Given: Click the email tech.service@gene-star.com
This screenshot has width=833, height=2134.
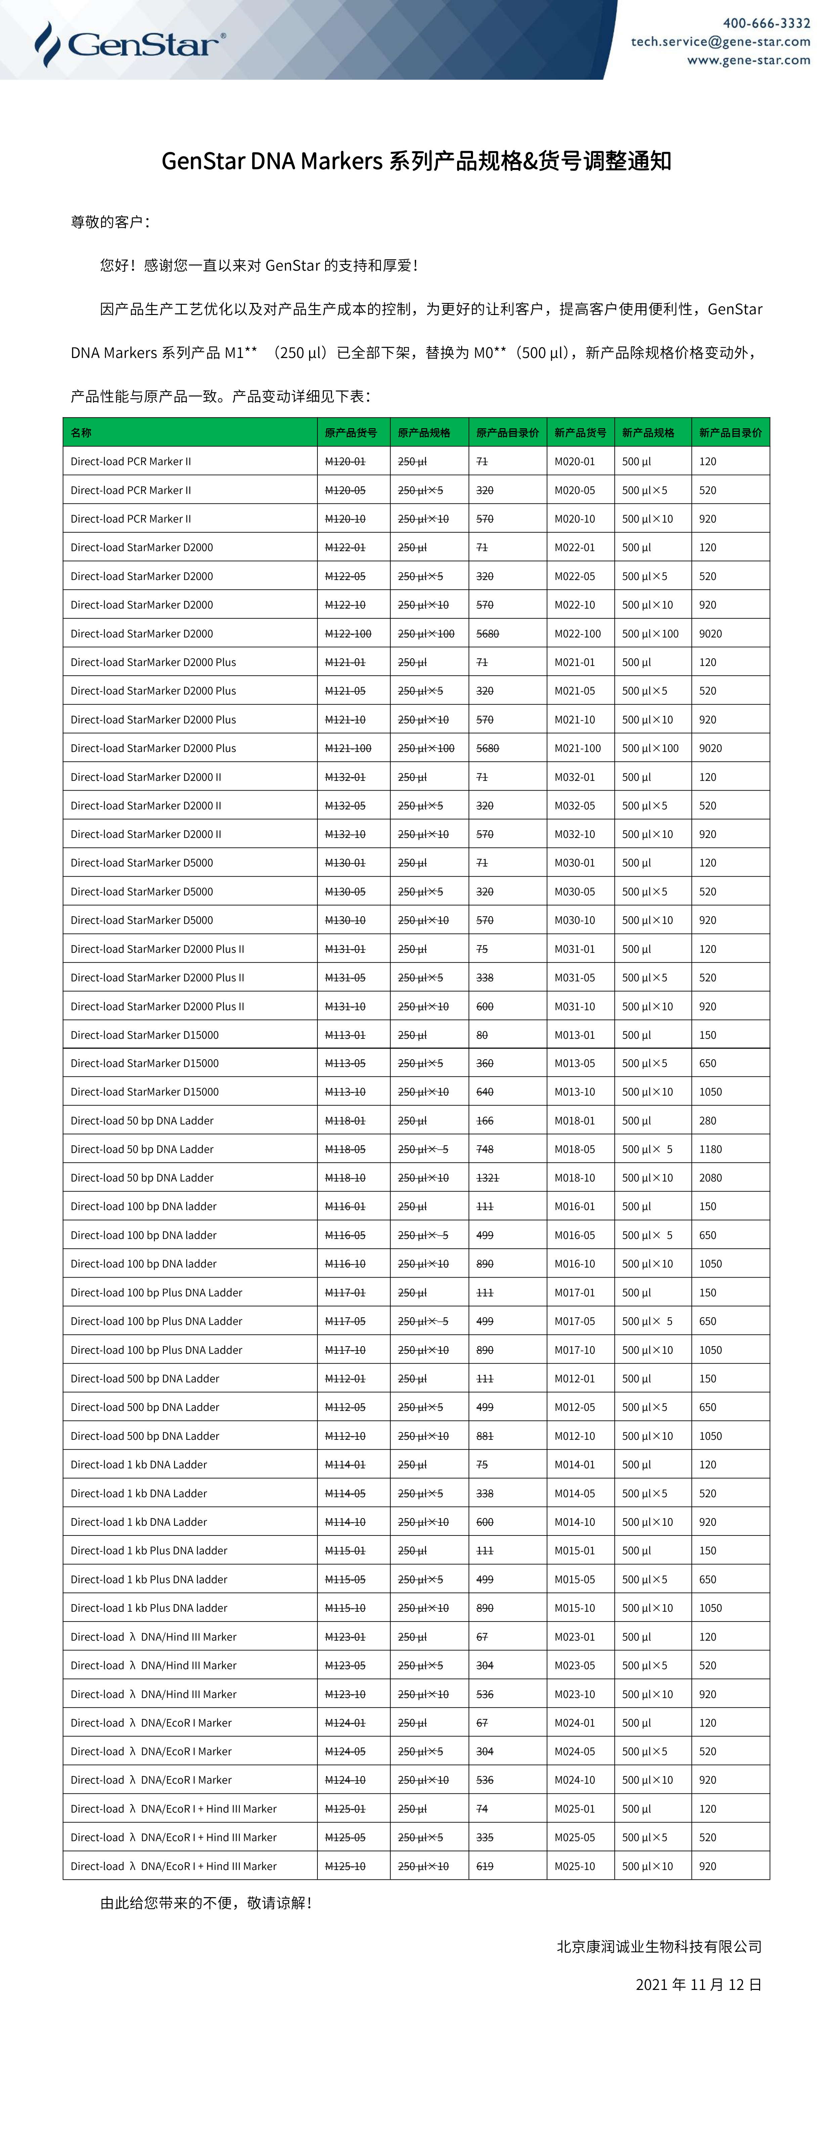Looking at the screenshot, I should pos(720,41).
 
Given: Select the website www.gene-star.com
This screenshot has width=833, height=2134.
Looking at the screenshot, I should pos(748,60).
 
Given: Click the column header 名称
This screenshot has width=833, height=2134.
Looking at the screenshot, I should pos(81,433).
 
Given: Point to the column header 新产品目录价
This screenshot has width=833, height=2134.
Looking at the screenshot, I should pos(730,433).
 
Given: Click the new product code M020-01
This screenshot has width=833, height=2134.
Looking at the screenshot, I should pos(574,461).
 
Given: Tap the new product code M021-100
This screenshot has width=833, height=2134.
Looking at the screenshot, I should pos(578,748).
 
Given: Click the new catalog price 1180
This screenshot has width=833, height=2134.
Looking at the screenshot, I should pos(710,1149).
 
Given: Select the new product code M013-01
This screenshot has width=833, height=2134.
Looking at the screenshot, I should pos(574,1035).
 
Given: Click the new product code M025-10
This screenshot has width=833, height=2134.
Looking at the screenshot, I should pos(574,1866).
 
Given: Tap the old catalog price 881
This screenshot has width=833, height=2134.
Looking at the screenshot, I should pos(485,1436).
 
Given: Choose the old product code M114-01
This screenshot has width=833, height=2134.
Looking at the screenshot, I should pos(345,1465).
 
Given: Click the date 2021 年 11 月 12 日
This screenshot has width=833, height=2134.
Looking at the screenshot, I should pos(698,1984).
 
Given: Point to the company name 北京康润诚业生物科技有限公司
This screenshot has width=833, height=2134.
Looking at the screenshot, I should pos(659,1946).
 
